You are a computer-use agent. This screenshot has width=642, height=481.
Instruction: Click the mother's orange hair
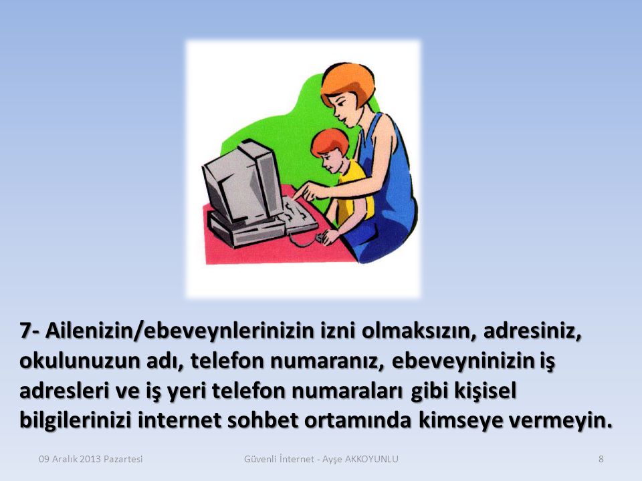pos(348,84)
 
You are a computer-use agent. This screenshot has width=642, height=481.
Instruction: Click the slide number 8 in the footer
pos(601,459)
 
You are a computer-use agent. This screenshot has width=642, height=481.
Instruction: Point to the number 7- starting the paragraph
pos(31,331)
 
